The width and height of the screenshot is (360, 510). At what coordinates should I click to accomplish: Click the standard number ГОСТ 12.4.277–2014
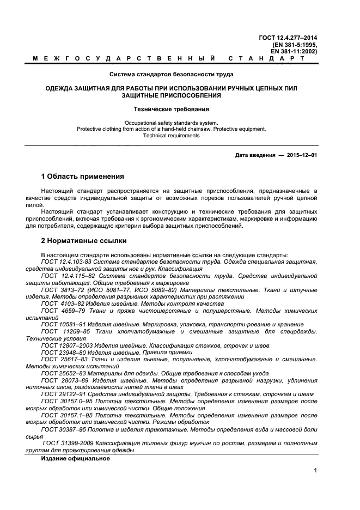[288, 38]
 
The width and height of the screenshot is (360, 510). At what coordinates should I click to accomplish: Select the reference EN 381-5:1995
[295, 44]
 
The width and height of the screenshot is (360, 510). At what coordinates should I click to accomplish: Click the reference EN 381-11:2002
[294, 51]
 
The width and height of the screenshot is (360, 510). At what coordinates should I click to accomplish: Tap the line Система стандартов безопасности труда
[172, 74]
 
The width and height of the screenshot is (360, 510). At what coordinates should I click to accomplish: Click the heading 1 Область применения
[83, 177]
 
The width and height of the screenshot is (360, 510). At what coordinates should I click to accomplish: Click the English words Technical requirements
[172, 136]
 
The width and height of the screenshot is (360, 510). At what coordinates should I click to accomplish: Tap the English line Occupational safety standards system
[172, 123]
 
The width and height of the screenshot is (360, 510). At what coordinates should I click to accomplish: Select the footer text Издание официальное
[75, 459]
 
